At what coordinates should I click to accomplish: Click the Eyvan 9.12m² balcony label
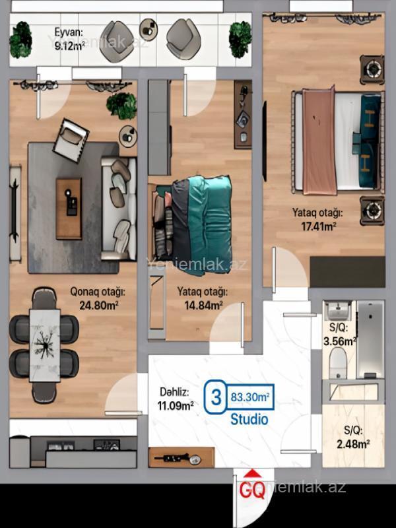coord(69,39)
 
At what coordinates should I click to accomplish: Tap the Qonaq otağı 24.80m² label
coord(98,298)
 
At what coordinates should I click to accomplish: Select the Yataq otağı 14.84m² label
coord(203,298)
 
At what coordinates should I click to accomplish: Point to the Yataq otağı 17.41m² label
coord(317,220)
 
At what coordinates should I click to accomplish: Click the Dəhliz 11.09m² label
coord(176,399)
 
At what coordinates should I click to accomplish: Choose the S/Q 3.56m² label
coord(339,335)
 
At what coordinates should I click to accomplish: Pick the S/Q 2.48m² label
coord(353,437)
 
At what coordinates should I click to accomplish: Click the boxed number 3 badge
coord(215,397)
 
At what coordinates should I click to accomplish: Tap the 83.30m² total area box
coord(250,397)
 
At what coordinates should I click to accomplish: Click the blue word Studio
coord(249,419)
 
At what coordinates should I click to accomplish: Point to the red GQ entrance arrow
coord(253,474)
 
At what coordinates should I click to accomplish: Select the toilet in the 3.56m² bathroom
coord(338,363)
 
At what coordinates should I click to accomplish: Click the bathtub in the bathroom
coord(370,339)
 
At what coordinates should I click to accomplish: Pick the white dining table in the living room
coord(45,345)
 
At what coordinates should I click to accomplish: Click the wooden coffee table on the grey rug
coord(69,209)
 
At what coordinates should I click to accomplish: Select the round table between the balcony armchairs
coord(148,30)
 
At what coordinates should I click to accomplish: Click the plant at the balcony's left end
coord(21,40)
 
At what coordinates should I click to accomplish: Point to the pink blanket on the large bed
coord(319,141)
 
